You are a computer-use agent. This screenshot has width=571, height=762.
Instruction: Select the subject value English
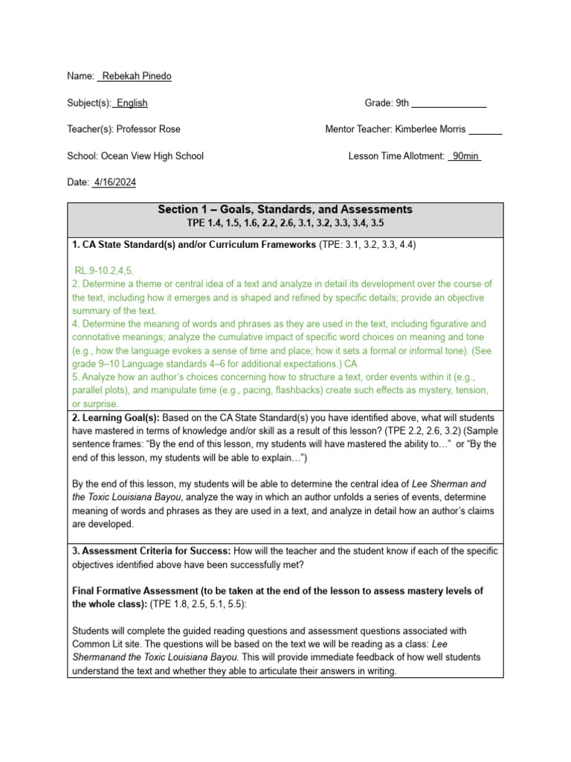(132, 103)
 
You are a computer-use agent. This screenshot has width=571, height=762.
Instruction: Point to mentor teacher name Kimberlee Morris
(430, 129)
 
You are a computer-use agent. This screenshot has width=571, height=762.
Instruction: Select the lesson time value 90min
(465, 156)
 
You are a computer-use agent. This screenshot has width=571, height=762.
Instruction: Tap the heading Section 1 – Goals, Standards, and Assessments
(285, 210)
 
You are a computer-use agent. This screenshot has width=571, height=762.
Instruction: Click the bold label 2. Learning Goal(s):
(116, 417)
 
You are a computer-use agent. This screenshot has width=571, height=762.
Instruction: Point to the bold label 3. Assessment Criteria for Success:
(152, 551)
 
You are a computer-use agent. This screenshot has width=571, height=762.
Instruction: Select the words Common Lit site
(104, 644)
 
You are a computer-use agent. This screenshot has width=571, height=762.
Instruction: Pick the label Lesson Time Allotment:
(396, 156)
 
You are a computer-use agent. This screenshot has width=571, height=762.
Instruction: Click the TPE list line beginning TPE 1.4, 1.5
(285, 222)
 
